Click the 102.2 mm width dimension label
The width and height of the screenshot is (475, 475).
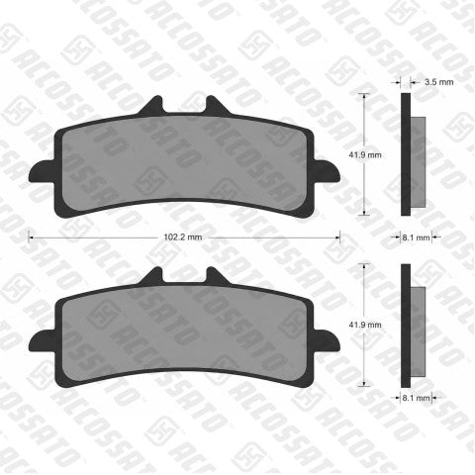tap(183, 237)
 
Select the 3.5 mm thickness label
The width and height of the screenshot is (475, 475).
tap(439, 82)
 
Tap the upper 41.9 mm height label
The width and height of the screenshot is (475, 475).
tap(365, 154)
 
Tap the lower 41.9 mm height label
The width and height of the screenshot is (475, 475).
tap(365, 325)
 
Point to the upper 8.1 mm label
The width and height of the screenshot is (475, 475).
tap(416, 237)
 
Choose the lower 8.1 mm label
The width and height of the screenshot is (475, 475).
tap(416, 398)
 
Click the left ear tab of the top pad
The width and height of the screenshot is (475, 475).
tap(42, 171)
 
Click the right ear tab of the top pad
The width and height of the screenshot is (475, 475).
tap(327, 171)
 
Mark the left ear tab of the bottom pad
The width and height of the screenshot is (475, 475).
tap(42, 341)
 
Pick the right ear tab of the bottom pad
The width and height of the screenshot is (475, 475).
tap(327, 341)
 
